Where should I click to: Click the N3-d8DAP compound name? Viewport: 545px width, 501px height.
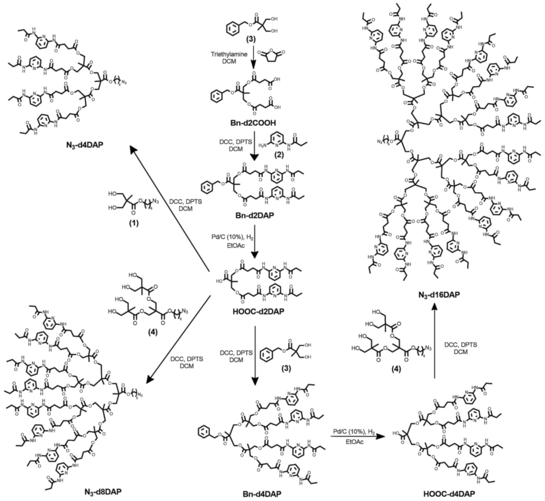pos(103,491)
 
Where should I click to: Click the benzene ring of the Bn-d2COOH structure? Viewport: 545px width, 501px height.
pos(217,96)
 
